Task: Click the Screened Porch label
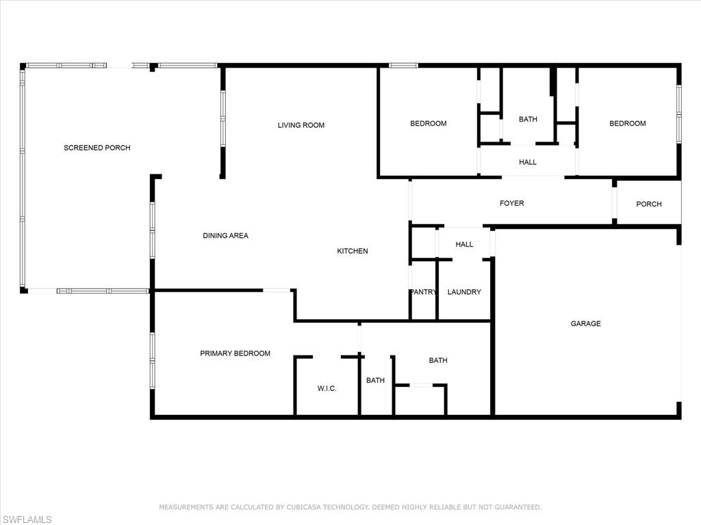tap(97, 148)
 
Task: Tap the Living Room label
tap(301, 125)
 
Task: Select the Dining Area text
tap(225, 236)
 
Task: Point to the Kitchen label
tap(353, 251)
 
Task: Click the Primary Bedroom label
tap(235, 353)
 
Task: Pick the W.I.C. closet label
tap(327, 388)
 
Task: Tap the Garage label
tap(585, 323)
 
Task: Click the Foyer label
tap(511, 203)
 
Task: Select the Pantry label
tap(423, 292)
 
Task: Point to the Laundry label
tap(464, 292)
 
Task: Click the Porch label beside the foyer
tap(648, 204)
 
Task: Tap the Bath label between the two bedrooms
tap(528, 119)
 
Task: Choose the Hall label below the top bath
tap(528, 162)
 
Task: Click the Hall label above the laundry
tap(464, 244)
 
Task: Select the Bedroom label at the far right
tap(627, 124)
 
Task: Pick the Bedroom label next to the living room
tap(428, 124)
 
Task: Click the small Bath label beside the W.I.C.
tap(375, 381)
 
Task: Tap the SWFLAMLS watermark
tap(26, 520)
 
